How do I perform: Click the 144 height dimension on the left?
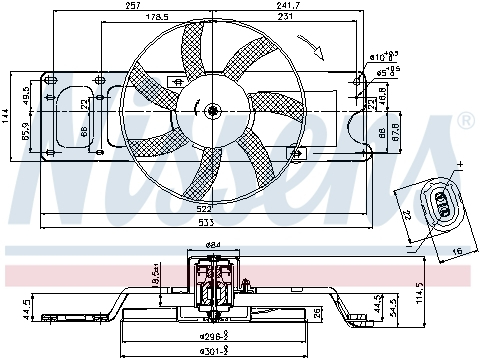[x=6, y=118]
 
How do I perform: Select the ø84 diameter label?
[x=212, y=245]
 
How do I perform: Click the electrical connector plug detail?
[x=437, y=202]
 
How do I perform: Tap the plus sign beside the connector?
[x=461, y=163]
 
